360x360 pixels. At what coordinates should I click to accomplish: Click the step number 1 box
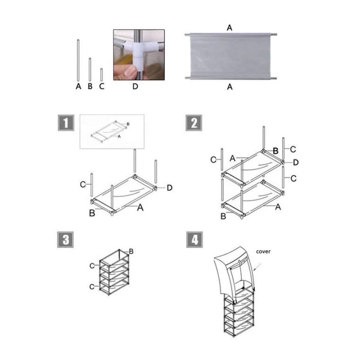66,123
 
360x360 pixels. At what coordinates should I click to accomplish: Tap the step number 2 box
194,123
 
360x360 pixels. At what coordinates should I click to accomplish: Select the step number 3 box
65,239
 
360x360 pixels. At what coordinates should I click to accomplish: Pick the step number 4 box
194,239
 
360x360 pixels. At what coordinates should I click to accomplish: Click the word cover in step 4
263,252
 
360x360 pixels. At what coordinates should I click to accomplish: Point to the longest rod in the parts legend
78,60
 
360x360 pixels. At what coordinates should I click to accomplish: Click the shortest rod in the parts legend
102,75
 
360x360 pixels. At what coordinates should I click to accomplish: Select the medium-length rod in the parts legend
90,70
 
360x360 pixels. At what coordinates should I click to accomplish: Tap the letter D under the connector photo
135,86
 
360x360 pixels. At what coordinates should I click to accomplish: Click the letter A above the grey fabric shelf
229,28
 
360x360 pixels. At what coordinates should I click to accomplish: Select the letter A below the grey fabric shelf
229,87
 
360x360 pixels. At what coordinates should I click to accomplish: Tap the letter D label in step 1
169,188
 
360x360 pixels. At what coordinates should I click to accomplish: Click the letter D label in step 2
296,163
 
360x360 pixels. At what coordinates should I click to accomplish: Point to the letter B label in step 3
131,251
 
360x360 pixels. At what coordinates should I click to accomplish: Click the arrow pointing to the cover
257,267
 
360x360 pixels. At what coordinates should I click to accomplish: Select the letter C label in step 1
83,184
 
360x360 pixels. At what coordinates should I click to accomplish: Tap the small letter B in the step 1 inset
128,124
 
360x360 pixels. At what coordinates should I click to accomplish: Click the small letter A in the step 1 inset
119,136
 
